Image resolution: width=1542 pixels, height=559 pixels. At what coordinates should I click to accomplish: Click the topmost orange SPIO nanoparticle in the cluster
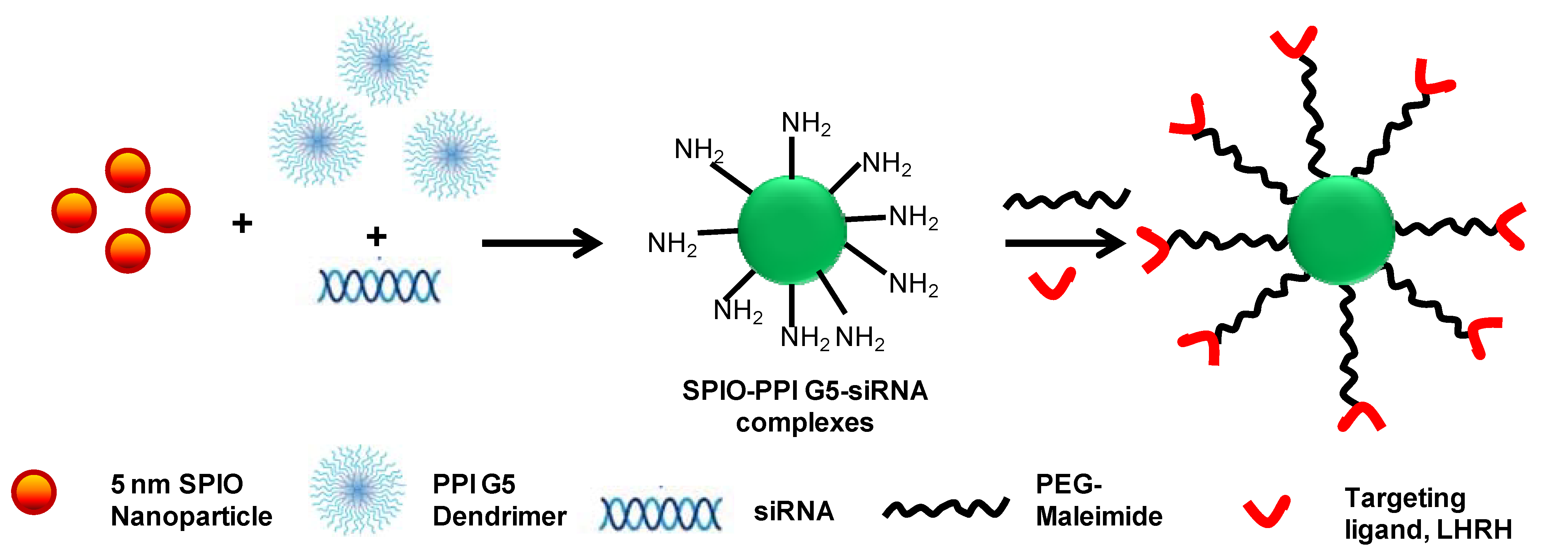127,170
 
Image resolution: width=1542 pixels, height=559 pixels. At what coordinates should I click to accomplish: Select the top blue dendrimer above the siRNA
384,60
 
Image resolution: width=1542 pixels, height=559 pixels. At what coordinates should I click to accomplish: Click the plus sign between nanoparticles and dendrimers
242,223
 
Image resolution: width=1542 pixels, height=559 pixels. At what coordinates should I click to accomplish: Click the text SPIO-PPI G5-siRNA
804,391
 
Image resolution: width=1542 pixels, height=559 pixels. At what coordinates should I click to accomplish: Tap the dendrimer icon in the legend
357,489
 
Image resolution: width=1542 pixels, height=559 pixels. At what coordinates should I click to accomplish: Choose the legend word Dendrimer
499,517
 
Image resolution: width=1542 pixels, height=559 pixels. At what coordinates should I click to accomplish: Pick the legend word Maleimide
1099,517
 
